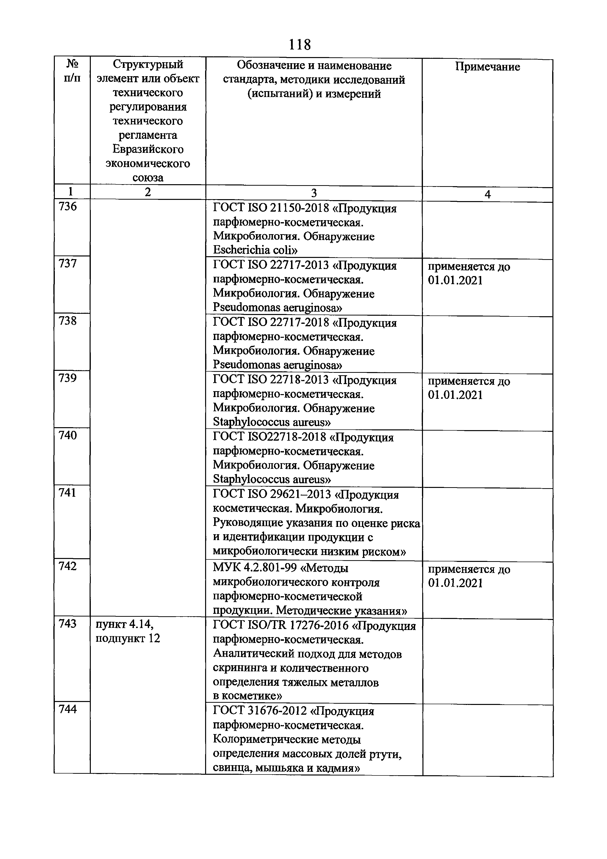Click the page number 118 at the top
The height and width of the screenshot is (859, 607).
click(x=300, y=45)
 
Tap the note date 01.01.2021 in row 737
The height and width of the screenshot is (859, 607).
click(x=455, y=281)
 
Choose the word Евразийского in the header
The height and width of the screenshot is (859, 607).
click(x=148, y=149)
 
